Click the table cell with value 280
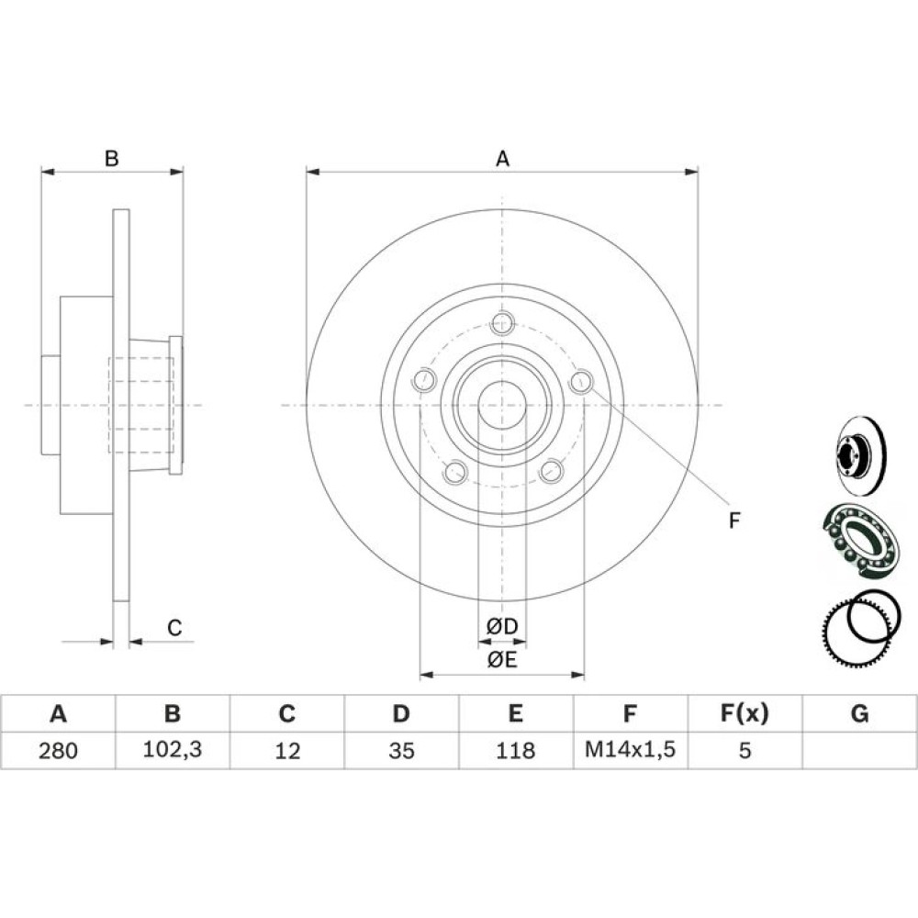click(58, 750)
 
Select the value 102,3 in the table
click(173, 749)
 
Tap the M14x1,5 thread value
click(630, 749)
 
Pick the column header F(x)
click(744, 713)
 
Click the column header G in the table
click(859, 713)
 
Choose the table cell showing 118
click(516, 750)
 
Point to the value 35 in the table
click(401, 750)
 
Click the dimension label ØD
click(502, 626)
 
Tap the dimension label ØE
click(502, 660)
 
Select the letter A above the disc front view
click(502, 159)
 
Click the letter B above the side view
click(111, 159)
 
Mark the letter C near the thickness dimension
click(174, 628)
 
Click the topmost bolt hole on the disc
click(502, 322)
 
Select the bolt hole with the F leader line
click(581, 382)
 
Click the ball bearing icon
click(861, 541)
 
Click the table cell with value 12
click(286, 750)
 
